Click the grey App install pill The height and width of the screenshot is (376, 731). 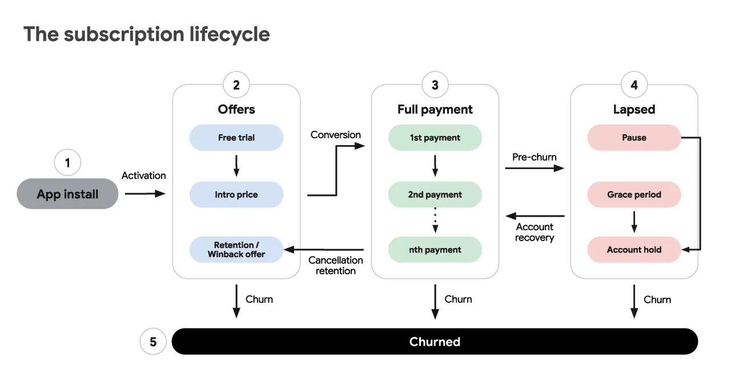[x=67, y=194]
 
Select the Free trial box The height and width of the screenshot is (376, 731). [x=236, y=137]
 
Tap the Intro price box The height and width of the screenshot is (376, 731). [x=236, y=194]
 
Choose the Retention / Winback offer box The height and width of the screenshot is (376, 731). [x=236, y=250]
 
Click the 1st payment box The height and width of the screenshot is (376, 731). [x=435, y=137]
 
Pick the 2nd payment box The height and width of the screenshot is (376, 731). [x=435, y=194]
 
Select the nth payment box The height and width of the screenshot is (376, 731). [x=435, y=250]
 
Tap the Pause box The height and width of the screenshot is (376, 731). [x=634, y=137]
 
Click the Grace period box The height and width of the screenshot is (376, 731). [x=634, y=194]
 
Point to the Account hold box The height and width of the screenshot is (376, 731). [x=634, y=250]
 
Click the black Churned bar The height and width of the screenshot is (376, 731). [x=435, y=341]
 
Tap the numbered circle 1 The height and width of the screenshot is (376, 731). [x=67, y=162]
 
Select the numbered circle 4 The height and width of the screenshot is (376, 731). [x=634, y=85]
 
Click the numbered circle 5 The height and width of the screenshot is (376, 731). [x=153, y=341]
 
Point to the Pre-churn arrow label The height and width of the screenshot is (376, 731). [x=534, y=157]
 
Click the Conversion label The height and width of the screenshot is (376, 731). [x=335, y=135]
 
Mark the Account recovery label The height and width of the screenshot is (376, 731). [x=535, y=232]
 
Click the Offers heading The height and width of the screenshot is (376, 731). [x=236, y=109]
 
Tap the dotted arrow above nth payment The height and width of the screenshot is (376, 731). [x=435, y=220]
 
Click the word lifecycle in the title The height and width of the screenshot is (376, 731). [x=230, y=34]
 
